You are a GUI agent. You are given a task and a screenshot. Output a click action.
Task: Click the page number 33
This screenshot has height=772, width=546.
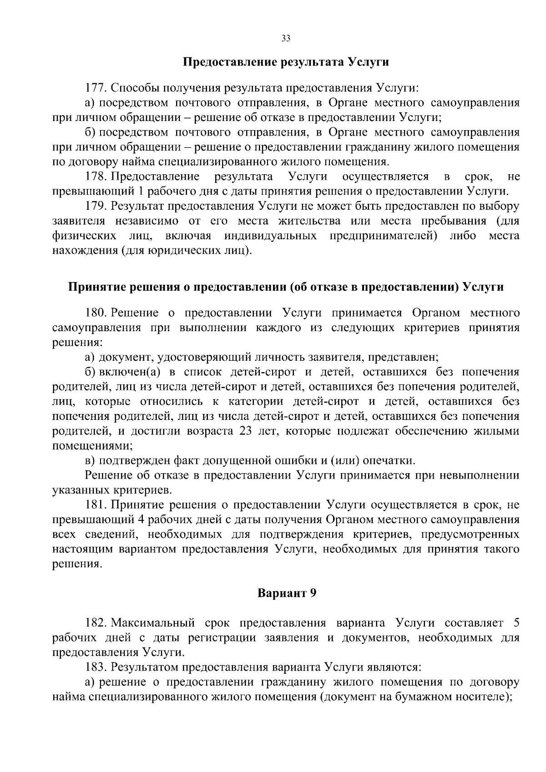click(286, 38)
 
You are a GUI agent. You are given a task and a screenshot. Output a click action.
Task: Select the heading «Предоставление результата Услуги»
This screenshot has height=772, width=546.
click(286, 62)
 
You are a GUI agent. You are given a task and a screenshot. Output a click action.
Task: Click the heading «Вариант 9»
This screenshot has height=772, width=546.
click(287, 593)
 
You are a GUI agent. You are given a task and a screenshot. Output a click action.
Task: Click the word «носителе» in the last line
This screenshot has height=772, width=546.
click(480, 697)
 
